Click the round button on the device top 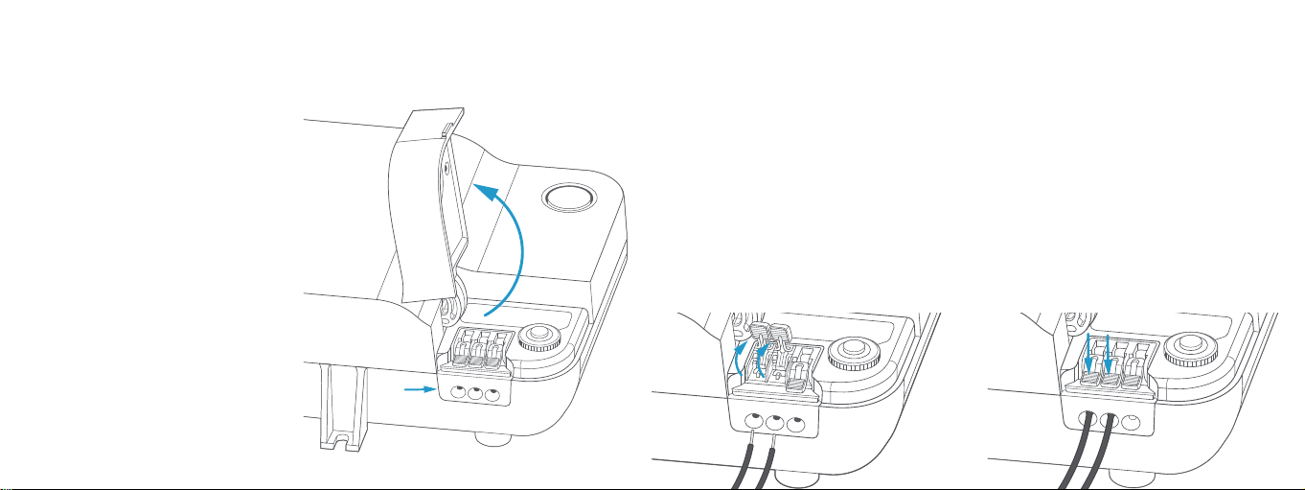tap(569, 198)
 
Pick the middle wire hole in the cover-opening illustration tap(476, 393)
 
